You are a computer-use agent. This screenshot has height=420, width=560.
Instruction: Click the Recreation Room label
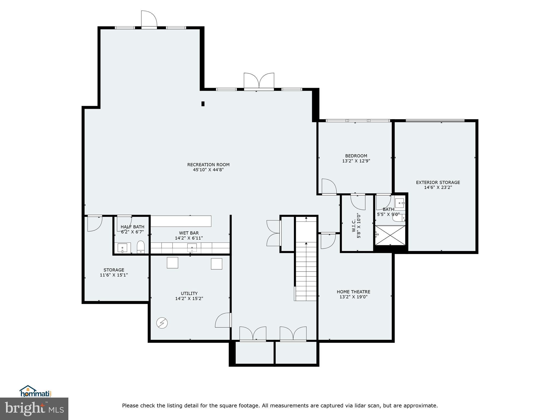tap(208, 165)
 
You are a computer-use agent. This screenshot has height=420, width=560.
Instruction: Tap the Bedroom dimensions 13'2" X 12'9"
tap(356, 161)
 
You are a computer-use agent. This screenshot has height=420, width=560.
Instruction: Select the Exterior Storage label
tap(438, 182)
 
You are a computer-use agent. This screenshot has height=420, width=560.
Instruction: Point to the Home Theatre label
tap(353, 292)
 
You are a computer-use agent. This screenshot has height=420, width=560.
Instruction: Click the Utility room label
tap(189, 293)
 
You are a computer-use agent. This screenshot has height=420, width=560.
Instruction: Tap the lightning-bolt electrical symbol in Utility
tap(162, 323)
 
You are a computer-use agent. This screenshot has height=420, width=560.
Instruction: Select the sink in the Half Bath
tap(122, 248)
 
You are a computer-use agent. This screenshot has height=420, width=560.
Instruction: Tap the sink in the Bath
tap(400, 203)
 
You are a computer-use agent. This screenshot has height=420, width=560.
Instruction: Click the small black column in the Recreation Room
tap(203, 104)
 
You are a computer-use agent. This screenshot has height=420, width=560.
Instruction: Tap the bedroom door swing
tap(329, 186)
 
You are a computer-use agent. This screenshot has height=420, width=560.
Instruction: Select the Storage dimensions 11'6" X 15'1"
tap(114, 275)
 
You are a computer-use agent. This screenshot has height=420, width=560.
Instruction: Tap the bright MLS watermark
tap(34, 409)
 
